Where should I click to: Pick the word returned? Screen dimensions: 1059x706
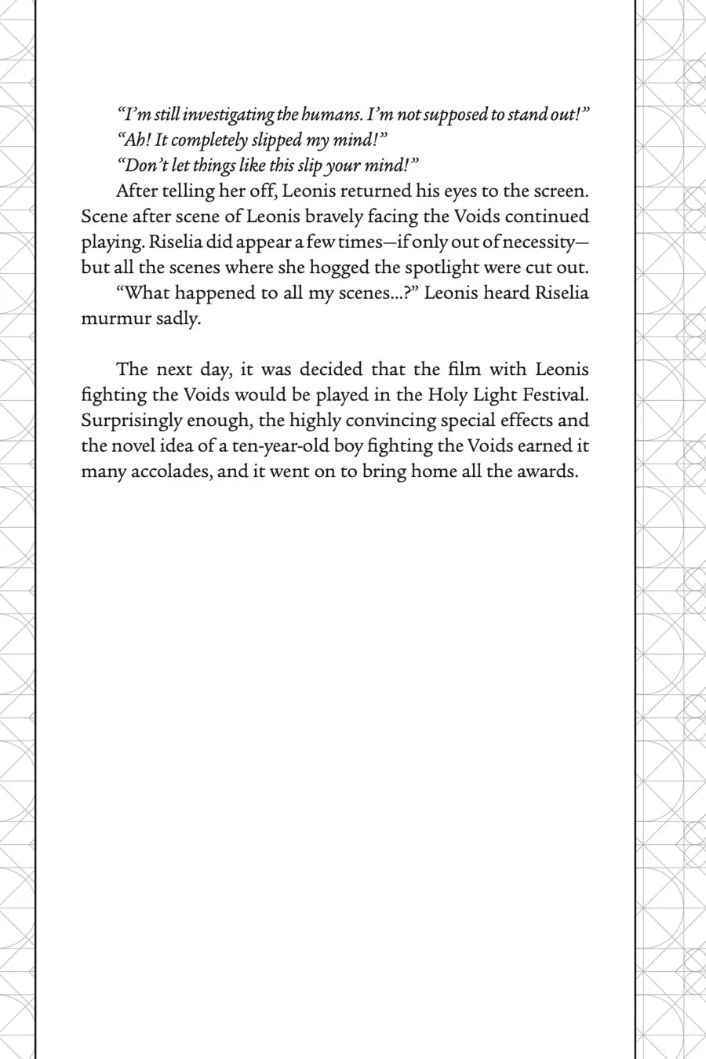[379, 191]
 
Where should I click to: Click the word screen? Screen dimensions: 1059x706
[560, 191]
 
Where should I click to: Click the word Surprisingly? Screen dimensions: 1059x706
[132, 420]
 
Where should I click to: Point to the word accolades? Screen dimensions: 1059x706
[169, 471]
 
